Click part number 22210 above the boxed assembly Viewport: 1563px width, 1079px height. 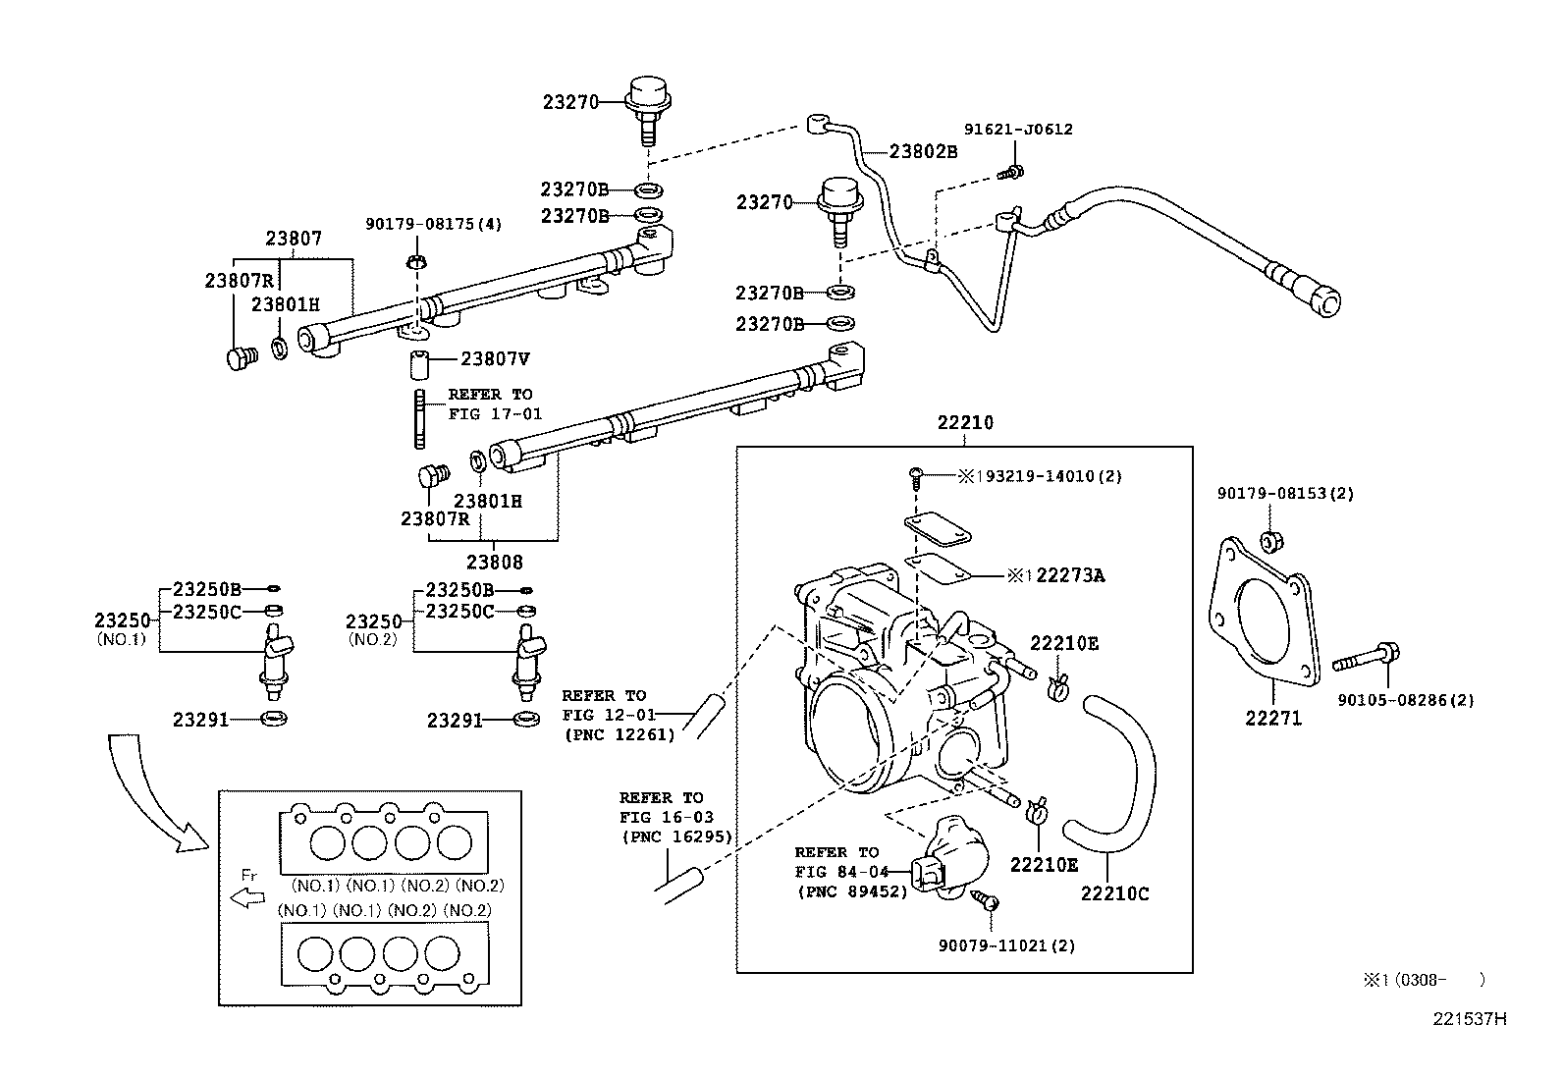click(964, 423)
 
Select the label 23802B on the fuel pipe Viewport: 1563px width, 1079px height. click(923, 151)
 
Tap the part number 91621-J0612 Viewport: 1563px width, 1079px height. click(1017, 129)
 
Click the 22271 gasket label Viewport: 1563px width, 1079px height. click(1273, 719)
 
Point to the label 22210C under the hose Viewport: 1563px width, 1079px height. click(1114, 893)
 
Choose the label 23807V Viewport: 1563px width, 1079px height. click(495, 359)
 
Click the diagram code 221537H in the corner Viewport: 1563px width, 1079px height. click(1467, 1018)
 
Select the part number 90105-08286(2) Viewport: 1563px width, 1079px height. click(1406, 700)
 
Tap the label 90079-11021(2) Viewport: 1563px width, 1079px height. click(1006, 945)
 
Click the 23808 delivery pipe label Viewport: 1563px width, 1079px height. click(494, 563)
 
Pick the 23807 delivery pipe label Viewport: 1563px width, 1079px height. click(293, 239)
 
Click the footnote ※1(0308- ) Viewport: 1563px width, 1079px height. click(1422, 979)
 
